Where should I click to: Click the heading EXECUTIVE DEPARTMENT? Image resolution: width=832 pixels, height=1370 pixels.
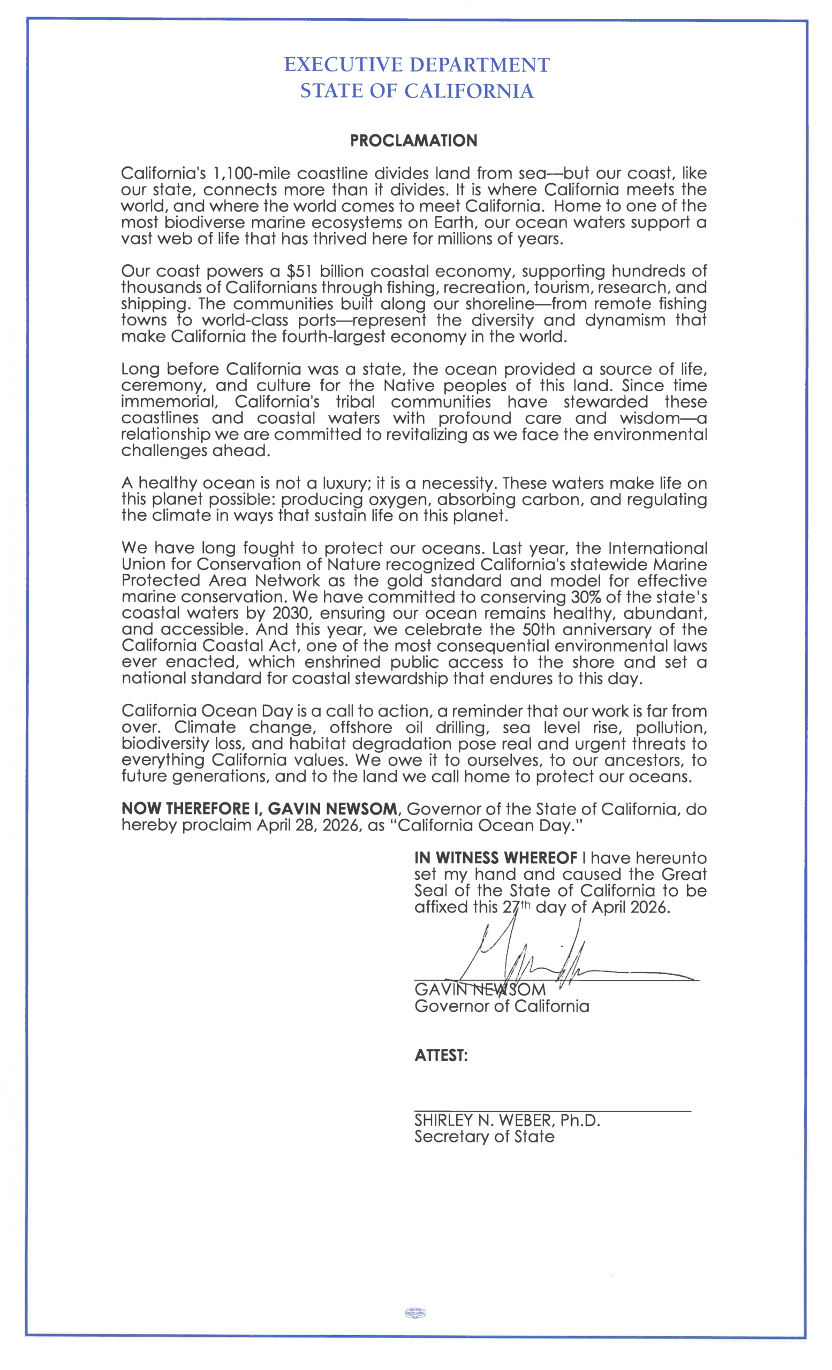(x=417, y=65)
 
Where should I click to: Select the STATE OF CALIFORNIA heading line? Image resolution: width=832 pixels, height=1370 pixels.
(x=417, y=91)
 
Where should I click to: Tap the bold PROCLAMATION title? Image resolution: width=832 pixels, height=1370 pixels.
(x=413, y=141)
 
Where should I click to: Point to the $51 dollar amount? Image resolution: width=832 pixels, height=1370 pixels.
(x=298, y=271)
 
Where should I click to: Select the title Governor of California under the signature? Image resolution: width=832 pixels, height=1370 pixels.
(x=502, y=1007)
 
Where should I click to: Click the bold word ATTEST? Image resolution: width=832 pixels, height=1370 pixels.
(x=441, y=1055)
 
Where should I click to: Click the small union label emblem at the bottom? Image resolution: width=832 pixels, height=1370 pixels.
(x=415, y=1313)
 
